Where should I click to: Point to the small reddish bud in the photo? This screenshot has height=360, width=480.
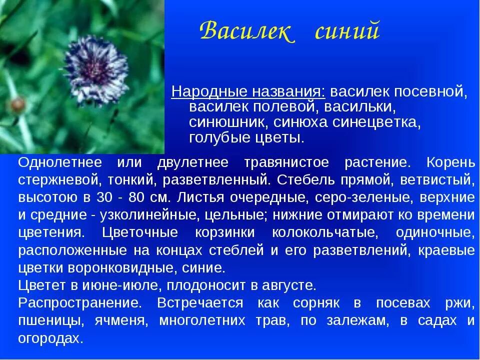(18, 104)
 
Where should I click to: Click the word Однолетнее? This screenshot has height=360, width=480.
(60, 162)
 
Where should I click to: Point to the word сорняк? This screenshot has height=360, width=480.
(317, 302)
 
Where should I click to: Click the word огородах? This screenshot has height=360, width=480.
(50, 338)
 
